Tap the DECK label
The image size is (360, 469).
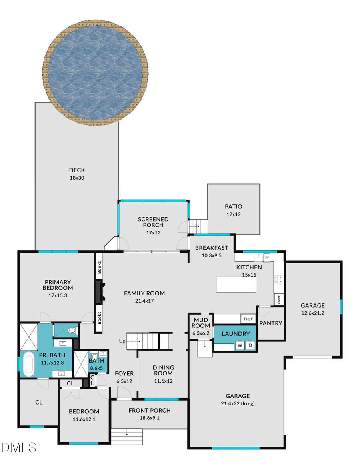pyautogui.click(x=77, y=170)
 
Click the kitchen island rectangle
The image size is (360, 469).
pyautogui.click(x=236, y=284)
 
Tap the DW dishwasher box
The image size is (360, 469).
pyautogui.click(x=266, y=257)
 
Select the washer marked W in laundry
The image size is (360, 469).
pyautogui.click(x=240, y=345)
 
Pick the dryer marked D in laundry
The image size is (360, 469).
pyautogui.click(x=251, y=345)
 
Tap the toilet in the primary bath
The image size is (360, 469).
pyautogui.click(x=72, y=331)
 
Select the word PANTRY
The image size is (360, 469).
pyautogui.click(x=271, y=323)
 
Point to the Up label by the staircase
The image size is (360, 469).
pyautogui.click(x=122, y=341)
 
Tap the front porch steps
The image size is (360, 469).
pyautogui.click(x=127, y=433)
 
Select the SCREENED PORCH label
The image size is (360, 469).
pyautogui.click(x=153, y=222)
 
